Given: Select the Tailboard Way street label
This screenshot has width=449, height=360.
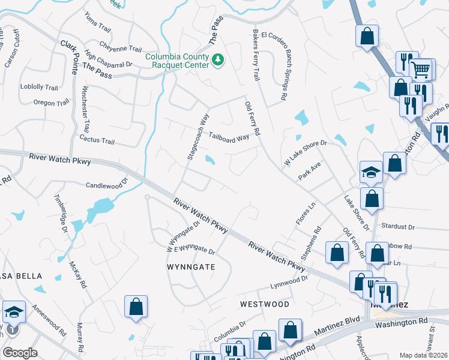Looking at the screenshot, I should pos(229,137).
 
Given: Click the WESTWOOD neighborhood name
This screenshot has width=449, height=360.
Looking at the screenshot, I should pos(264,304).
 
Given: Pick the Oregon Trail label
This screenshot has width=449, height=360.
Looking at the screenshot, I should pos(52,103).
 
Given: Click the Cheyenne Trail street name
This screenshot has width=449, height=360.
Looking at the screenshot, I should pos(120,49).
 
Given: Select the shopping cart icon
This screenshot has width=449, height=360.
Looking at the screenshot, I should pos(422,70).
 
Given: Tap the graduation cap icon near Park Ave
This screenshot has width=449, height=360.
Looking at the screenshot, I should pos(371,172).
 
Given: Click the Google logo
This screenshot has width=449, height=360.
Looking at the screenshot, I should pos(20,353).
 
